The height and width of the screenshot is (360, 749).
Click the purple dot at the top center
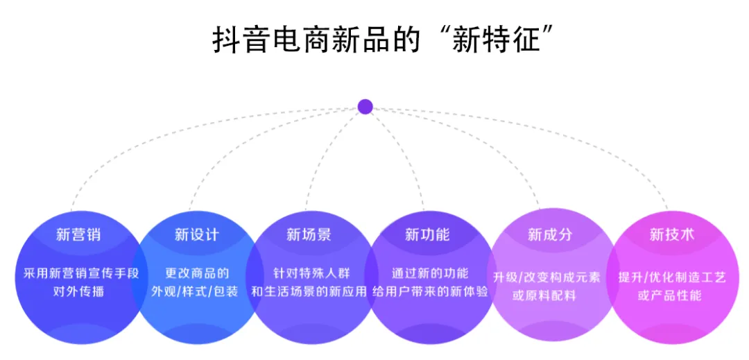pos(365,107)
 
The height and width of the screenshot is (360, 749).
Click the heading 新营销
pos(78,234)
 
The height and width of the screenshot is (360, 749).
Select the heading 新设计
pos(197,234)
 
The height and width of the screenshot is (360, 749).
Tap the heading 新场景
pos(309,234)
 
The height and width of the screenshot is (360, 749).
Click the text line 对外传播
pos(78,291)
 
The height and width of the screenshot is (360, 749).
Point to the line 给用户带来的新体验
pos(430,291)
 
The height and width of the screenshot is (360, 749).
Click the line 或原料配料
pos(544,295)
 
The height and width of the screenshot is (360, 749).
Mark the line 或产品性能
pos(670,295)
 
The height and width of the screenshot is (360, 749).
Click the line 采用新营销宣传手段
pos(78,273)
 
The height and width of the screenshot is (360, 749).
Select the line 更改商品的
pos(197,273)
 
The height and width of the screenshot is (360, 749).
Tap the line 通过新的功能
pos(430,273)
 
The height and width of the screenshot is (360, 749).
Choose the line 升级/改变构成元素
pos(546,277)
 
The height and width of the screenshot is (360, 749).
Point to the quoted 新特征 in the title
pos(496,40)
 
